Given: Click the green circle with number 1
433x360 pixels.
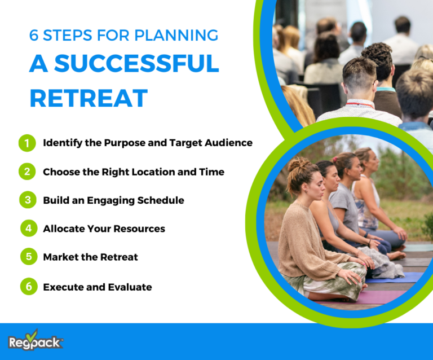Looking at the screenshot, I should click(26, 143).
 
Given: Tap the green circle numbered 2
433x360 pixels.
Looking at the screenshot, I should click(26, 172).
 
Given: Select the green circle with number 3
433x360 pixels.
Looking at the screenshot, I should click(26, 200).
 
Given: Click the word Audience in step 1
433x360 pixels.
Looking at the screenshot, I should click(230, 143).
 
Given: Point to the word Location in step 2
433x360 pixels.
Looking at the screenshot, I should click(144, 172).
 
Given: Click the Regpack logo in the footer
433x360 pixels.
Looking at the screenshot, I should click(35, 341).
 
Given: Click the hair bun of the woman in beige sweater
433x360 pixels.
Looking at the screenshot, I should click(296, 164).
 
